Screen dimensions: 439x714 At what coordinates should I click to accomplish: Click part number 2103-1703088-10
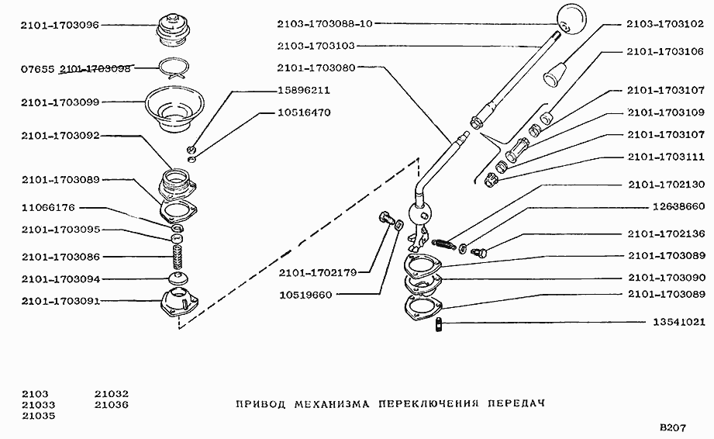[x=326, y=24]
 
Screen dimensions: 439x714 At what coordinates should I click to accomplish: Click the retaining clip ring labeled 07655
[x=175, y=69]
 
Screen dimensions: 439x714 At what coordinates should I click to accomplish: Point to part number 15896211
[x=304, y=90]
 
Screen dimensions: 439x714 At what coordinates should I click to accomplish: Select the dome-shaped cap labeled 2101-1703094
[x=178, y=278]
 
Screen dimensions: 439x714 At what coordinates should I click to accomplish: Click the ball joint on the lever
[x=420, y=213]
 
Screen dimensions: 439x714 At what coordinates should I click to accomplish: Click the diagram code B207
[x=674, y=428]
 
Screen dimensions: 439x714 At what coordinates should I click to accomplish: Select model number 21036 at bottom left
[x=112, y=404]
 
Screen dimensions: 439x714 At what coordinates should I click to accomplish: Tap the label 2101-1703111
[x=665, y=157]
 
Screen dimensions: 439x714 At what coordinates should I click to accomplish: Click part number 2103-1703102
[x=665, y=25]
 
